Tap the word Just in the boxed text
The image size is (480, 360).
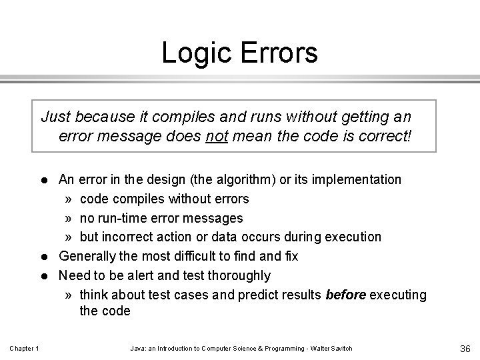click(56, 118)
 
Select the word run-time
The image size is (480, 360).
click(121, 218)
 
